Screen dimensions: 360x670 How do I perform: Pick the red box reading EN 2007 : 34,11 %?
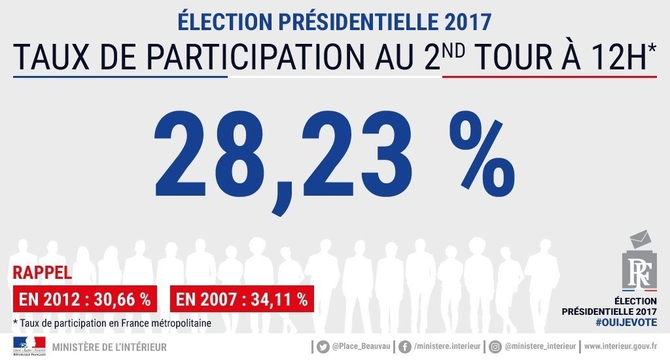[241, 300]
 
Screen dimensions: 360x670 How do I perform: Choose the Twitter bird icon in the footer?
[323, 346]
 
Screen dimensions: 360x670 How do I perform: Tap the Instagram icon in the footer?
[495, 346]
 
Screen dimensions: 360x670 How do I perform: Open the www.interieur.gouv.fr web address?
[621, 346]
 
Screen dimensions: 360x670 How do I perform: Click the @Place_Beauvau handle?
[360, 346]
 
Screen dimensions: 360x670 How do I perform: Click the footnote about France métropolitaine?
[113, 323]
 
